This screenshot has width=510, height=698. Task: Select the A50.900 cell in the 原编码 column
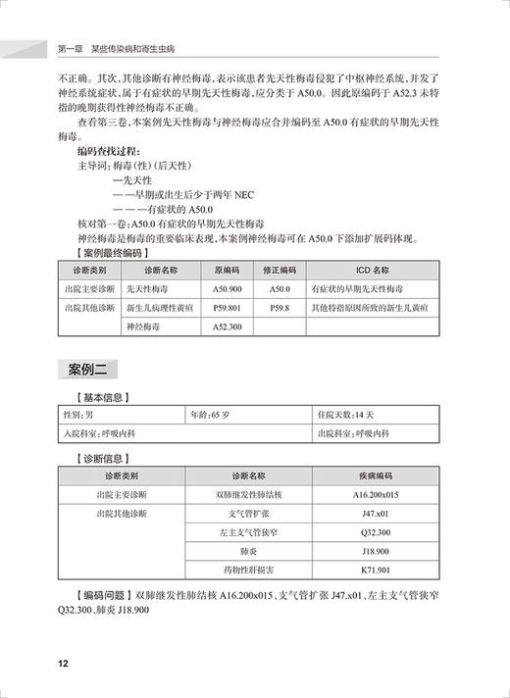coord(227,290)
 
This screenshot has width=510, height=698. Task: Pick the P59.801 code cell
coord(227,308)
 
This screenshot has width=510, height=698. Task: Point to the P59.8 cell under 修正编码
coord(280,308)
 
